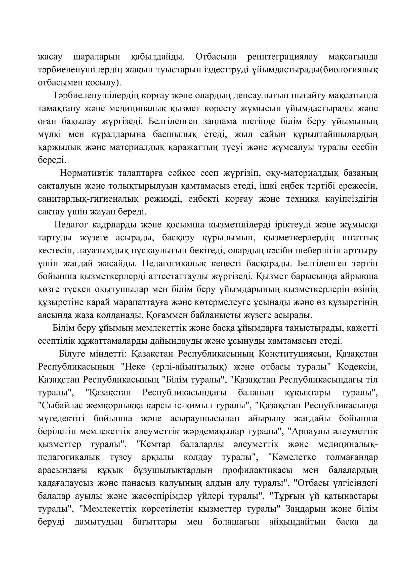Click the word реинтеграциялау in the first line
[282, 57]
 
